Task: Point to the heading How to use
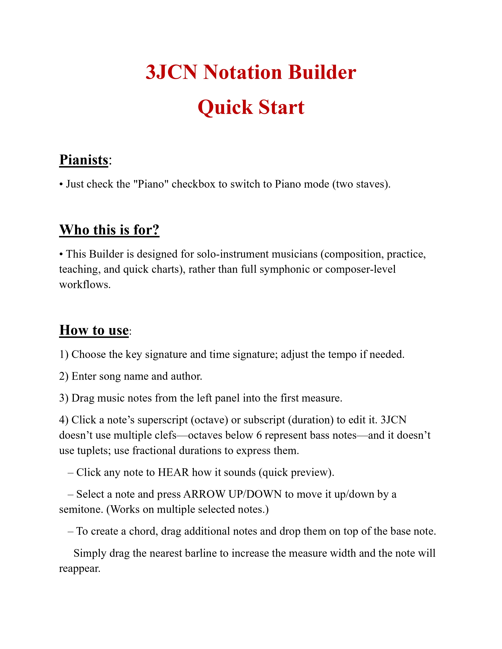pos(94,330)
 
